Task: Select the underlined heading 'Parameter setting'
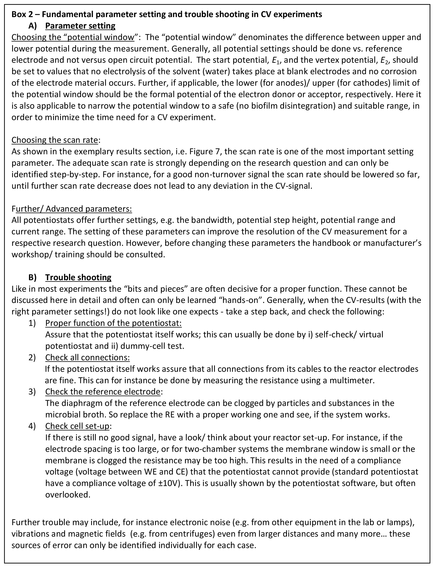click(x=80, y=26)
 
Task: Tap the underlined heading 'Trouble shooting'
click(x=78, y=278)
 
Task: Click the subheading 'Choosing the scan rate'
click(x=55, y=140)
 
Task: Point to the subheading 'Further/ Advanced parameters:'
click(x=72, y=209)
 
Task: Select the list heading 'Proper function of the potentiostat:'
click(x=113, y=323)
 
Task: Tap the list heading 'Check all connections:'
click(x=88, y=358)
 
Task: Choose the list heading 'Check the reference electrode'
click(x=103, y=392)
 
